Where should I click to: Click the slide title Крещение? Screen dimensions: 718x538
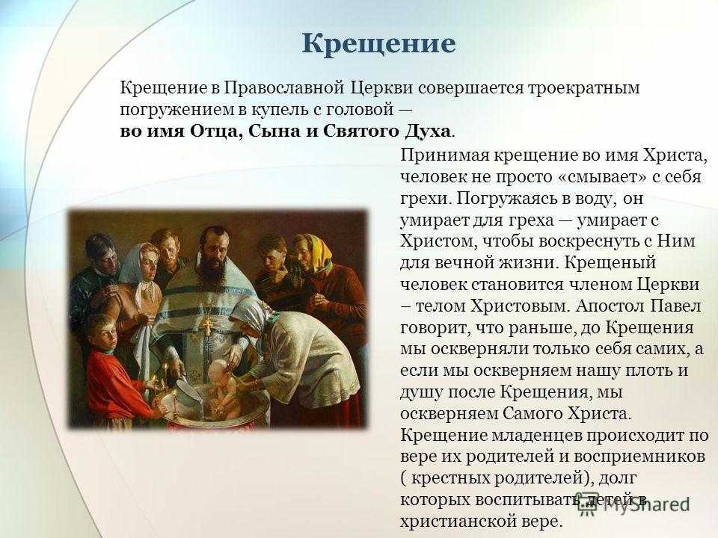pos(378,44)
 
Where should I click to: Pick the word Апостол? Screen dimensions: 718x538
pos(610,306)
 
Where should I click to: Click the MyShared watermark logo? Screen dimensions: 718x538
pos(633,503)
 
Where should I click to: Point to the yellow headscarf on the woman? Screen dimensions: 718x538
pos(316,251)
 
